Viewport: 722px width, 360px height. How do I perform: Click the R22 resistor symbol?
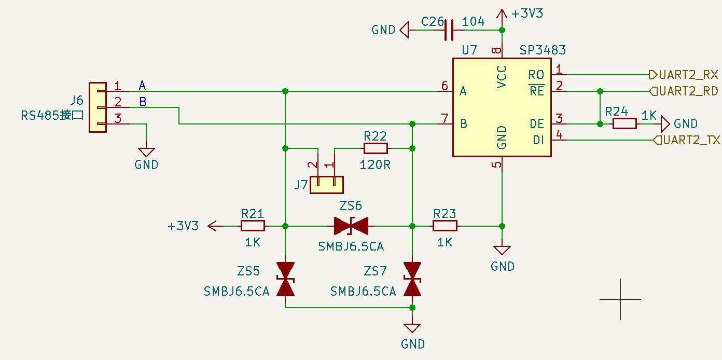coord(376,148)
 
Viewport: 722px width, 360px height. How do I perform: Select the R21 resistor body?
coord(253,226)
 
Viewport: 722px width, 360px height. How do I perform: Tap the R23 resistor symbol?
coord(445,226)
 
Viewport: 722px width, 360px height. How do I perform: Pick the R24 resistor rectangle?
coord(624,124)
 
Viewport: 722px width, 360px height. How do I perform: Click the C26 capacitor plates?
coord(449,30)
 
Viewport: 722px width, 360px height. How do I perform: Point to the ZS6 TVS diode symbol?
coord(351,226)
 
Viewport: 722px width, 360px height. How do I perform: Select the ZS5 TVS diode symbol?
coord(285,279)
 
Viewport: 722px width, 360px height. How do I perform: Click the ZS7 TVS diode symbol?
coord(412,279)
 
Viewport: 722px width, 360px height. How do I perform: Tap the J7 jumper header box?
coord(327,185)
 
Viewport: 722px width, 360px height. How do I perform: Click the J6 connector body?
coord(98,107)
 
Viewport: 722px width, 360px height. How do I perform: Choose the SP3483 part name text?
coord(543,50)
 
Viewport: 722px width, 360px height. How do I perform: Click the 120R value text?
coord(375,165)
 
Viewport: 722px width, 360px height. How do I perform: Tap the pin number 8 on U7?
coord(496,50)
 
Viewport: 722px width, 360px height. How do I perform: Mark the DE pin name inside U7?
coord(537,124)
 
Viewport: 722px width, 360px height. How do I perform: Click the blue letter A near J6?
coord(142,86)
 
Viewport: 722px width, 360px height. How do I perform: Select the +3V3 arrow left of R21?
coord(216,226)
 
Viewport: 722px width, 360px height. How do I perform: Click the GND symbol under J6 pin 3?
coord(146,152)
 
